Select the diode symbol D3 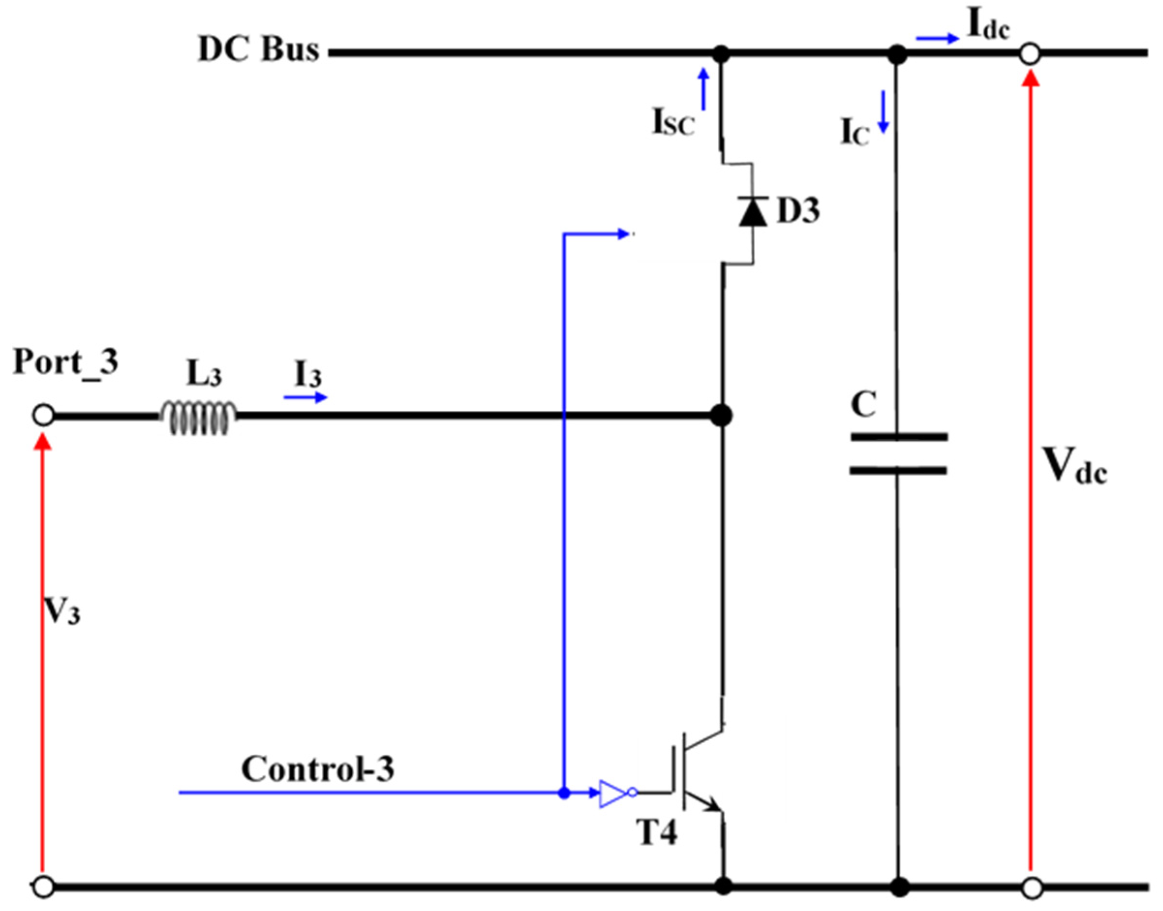pos(753,212)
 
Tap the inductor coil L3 pos(198,417)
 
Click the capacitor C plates pos(898,453)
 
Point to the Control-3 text pos(318,769)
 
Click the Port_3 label pos(65,362)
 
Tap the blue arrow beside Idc pos(937,38)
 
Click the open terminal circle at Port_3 pos(43,415)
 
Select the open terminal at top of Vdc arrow pos(1030,54)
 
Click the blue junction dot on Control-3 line pos(564,793)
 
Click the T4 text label pos(657,832)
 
